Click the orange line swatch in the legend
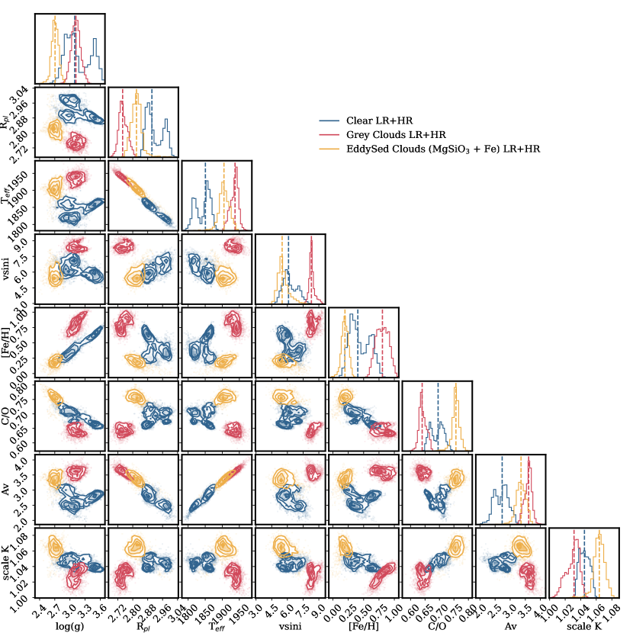click(330, 149)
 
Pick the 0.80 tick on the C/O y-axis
click(24, 387)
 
